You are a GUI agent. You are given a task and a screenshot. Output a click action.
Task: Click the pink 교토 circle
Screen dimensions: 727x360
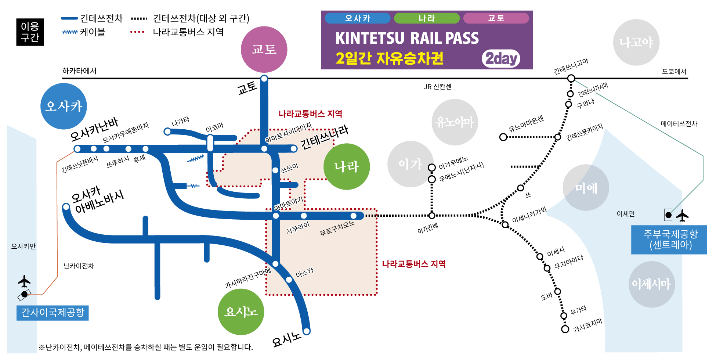coord(264,49)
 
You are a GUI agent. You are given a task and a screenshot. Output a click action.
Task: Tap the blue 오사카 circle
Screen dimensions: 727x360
coord(64,106)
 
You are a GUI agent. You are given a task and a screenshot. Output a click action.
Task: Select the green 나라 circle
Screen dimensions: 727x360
coord(347,166)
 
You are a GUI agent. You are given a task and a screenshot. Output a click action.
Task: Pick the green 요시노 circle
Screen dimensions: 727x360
coord(241,312)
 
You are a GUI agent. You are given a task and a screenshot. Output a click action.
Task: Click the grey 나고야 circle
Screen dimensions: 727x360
coord(636,42)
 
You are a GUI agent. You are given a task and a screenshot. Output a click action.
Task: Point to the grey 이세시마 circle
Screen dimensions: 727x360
coord(652,284)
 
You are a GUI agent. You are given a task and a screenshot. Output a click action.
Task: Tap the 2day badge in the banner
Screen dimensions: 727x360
coord(501,58)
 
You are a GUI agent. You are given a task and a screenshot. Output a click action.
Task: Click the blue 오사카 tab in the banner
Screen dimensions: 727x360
coord(358,18)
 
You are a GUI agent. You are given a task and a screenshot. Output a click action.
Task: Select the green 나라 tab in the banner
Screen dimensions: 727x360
coord(427,18)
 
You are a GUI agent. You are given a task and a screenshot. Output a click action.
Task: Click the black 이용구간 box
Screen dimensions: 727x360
coord(30,32)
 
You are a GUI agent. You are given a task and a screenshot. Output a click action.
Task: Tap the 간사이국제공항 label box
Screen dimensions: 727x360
coord(53,313)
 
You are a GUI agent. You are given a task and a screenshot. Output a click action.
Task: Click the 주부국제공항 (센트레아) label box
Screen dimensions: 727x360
coord(669,240)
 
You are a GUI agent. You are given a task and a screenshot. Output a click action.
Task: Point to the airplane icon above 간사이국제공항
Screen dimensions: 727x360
coord(24,281)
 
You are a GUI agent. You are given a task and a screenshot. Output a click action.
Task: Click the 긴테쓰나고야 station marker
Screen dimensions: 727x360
coord(571,78)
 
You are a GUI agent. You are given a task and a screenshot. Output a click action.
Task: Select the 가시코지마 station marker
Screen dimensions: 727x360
coord(565,329)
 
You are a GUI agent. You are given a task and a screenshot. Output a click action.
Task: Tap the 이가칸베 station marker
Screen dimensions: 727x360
coord(432,216)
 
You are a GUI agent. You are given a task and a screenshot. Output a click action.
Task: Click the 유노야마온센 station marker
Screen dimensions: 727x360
coord(503,137)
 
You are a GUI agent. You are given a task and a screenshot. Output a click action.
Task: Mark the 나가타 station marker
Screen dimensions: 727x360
coord(167,131)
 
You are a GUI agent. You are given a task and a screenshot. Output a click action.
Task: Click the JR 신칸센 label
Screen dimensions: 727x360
coord(438,87)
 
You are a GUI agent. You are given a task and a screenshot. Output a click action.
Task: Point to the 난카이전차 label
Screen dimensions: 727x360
coord(79,266)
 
